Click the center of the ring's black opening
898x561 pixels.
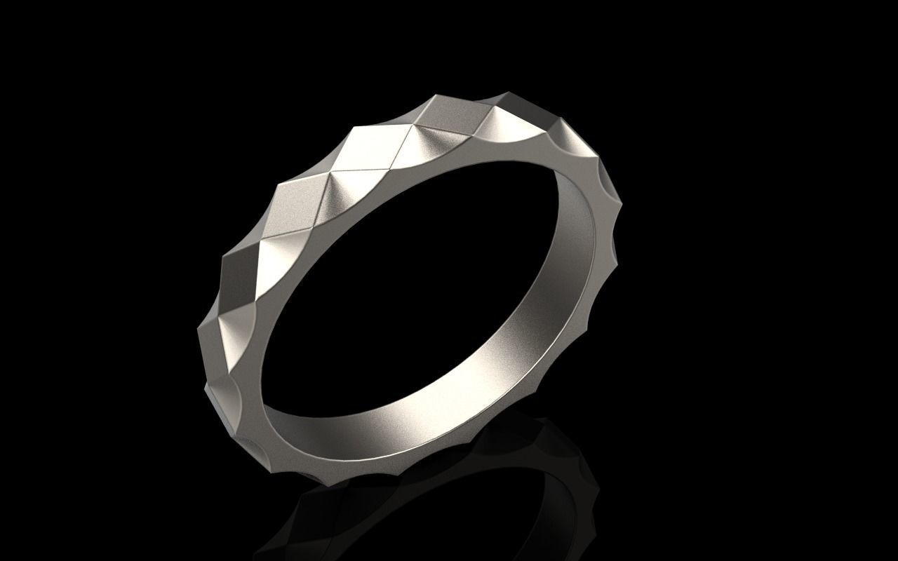click(414, 280)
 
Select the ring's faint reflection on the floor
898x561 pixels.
click(449, 484)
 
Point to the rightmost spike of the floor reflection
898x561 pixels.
click(596, 484)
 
